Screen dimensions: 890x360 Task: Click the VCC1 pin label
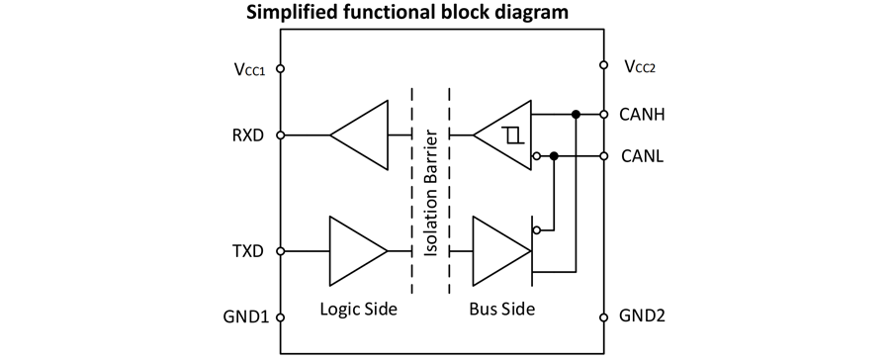(248, 68)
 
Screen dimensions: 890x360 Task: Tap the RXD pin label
(248, 135)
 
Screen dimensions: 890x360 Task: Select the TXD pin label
(248, 251)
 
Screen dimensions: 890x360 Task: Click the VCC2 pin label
(641, 66)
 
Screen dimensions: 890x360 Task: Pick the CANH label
(643, 115)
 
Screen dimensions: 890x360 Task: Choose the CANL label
(642, 155)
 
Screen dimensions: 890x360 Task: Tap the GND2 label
(642, 315)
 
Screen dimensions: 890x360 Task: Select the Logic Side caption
(358, 310)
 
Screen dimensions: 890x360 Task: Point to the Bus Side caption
(502, 310)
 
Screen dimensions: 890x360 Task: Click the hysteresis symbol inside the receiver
(512, 135)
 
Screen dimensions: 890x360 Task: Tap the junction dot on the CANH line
(576, 115)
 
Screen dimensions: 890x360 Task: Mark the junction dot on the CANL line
(555, 155)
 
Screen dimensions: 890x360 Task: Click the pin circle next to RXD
(280, 135)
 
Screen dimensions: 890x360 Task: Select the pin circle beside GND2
(604, 316)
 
